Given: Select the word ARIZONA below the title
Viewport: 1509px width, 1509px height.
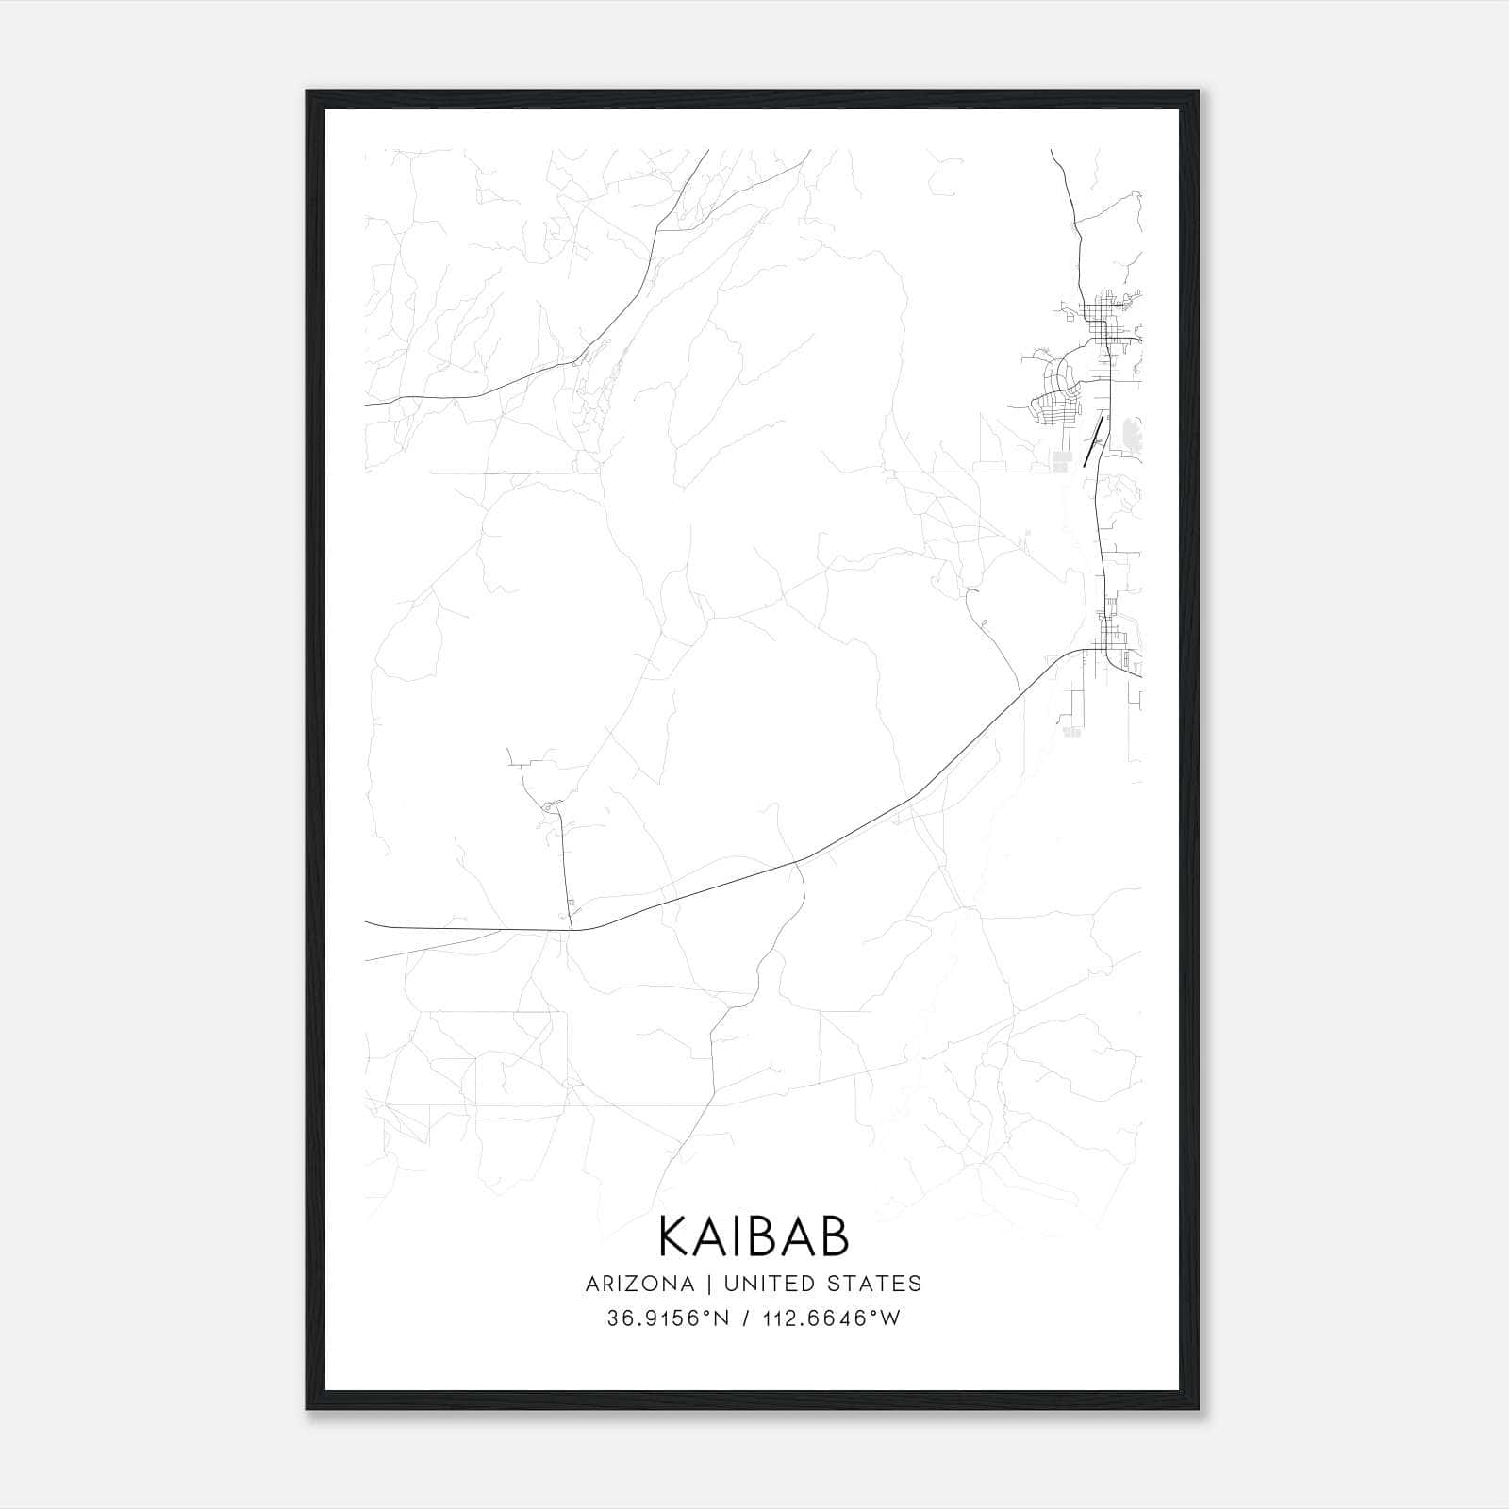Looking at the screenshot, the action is click(x=639, y=1284).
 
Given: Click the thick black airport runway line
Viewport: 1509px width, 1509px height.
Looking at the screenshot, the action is click(x=1093, y=441).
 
